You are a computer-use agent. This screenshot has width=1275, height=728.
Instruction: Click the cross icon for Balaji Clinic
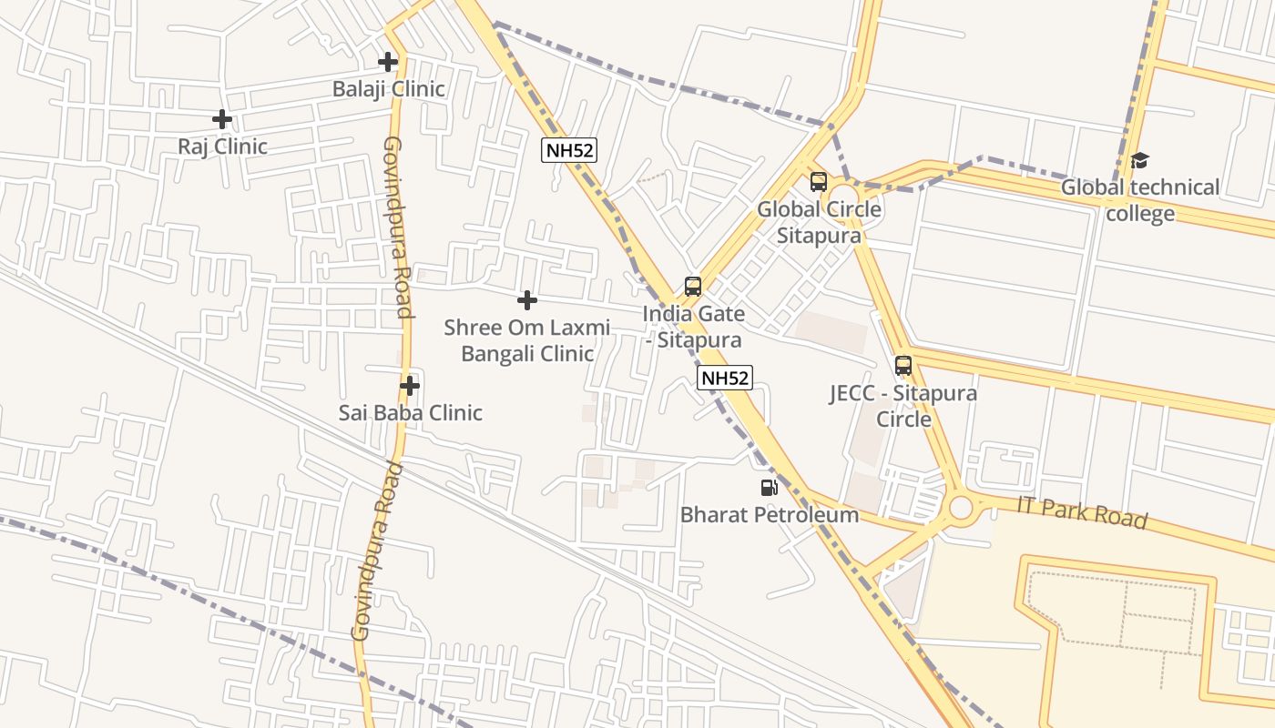click(388, 62)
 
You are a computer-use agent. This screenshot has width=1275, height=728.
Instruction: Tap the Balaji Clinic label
click(388, 89)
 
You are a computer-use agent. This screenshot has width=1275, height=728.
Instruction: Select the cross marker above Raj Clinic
click(222, 119)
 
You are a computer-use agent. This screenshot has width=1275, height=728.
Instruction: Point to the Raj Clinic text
click(222, 147)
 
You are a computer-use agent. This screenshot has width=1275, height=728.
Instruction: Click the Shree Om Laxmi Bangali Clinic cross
click(526, 300)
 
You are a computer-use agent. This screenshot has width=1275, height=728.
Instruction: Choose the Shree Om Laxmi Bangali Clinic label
click(527, 340)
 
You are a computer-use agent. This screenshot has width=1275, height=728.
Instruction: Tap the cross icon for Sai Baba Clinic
click(410, 386)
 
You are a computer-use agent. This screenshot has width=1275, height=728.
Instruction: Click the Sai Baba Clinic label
click(411, 413)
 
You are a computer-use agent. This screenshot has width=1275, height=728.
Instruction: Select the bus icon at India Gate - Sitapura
click(693, 287)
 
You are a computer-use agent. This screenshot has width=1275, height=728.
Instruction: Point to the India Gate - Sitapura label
click(694, 327)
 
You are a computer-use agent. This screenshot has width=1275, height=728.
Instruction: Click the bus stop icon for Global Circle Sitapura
click(819, 182)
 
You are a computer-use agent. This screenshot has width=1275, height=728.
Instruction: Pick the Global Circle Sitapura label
click(820, 222)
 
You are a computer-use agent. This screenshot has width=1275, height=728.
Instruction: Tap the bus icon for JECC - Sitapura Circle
click(903, 366)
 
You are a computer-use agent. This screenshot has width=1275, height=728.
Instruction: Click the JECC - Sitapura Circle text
click(903, 406)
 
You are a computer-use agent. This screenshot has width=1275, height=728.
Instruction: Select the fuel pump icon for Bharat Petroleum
click(770, 488)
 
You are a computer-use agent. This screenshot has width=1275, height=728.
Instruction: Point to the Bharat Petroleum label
click(770, 515)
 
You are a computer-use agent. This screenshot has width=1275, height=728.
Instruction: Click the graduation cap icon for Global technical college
click(1140, 161)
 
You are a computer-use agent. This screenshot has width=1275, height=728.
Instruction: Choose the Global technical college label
click(1140, 200)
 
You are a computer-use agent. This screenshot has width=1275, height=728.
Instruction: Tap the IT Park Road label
click(1082, 512)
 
